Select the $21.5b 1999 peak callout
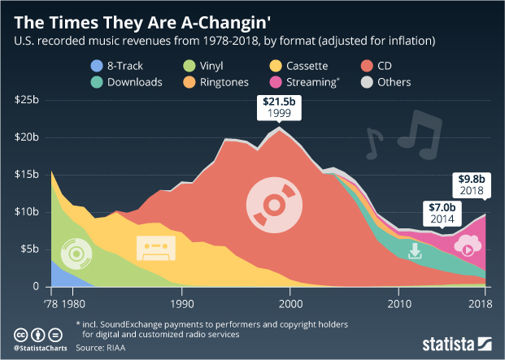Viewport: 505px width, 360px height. point(281,108)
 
